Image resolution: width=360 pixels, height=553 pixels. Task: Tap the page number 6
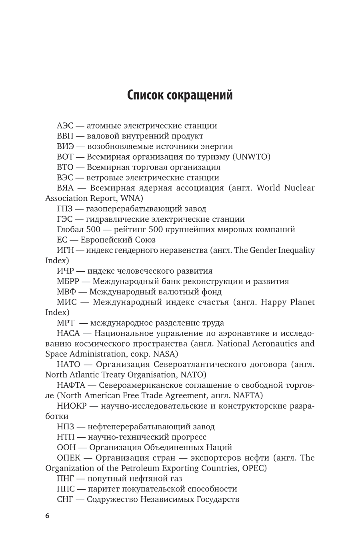[47, 516]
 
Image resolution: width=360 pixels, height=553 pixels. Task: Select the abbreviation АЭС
[65, 126]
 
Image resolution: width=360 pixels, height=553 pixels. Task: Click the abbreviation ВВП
[66, 136]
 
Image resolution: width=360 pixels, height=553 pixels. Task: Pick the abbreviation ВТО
[65, 167]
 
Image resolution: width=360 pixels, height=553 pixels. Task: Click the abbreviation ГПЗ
[65, 209]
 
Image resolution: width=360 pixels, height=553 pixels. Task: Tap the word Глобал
[70, 230]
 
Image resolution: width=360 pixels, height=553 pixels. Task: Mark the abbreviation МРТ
[66, 323]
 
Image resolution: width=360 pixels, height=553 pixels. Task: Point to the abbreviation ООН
[66, 448]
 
